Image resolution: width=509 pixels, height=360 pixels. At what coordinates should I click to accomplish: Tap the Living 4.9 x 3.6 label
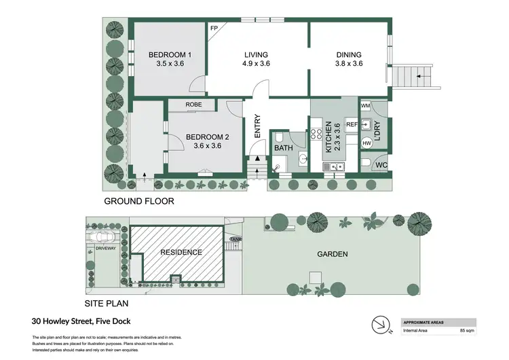(x=256, y=59)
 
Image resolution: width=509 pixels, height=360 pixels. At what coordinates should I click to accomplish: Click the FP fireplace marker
(x=214, y=29)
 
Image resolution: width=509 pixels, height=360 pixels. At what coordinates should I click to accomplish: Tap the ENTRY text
(x=257, y=127)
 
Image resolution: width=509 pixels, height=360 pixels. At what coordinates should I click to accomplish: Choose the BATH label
(x=283, y=148)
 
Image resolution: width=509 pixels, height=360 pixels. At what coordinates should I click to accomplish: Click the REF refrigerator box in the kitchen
(x=352, y=125)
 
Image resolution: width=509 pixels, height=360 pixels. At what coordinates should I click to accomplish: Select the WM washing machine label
(x=365, y=106)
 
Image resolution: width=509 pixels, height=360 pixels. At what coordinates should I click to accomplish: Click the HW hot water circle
(x=366, y=143)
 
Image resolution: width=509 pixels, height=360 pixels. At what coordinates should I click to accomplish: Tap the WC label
(x=381, y=165)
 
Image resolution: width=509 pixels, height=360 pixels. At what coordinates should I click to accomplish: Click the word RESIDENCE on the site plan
(x=181, y=252)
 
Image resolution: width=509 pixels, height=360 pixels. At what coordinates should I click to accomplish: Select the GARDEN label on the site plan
(x=333, y=255)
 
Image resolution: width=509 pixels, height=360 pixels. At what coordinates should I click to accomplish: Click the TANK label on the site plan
(x=236, y=239)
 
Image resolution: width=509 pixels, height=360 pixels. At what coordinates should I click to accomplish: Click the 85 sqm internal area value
(x=467, y=331)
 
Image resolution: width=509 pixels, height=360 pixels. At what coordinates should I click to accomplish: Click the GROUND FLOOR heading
(x=139, y=201)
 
